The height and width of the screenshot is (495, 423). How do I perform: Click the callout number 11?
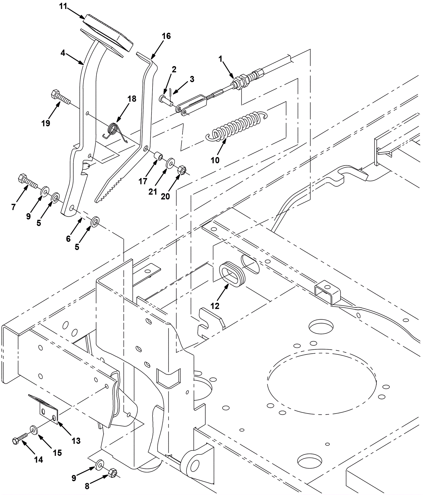63,6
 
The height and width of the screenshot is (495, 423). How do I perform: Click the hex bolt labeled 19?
61,97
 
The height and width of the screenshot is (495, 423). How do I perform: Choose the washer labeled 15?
34,430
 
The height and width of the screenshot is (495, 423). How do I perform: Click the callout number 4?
63,53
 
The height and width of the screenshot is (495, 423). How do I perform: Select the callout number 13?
76,441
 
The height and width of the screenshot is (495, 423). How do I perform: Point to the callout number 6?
68,239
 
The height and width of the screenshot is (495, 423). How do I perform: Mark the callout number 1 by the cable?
220,59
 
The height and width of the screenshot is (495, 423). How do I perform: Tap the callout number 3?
192,79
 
